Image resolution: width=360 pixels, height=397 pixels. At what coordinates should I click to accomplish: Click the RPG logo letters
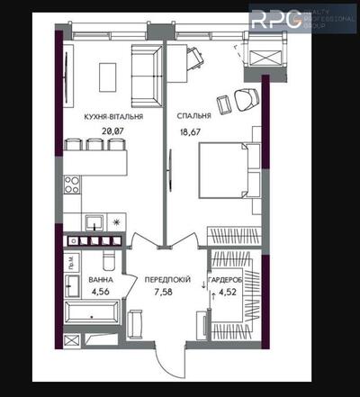pyautogui.click(x=274, y=20)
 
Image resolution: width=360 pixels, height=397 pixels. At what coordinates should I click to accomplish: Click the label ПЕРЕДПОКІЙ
pyautogui.click(x=167, y=280)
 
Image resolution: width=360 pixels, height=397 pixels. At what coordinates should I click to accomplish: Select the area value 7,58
pyautogui.click(x=167, y=292)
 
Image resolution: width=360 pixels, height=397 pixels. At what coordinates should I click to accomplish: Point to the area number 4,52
pyautogui.click(x=230, y=292)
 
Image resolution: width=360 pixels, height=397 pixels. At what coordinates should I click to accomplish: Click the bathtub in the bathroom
pyautogui.click(x=93, y=317)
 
